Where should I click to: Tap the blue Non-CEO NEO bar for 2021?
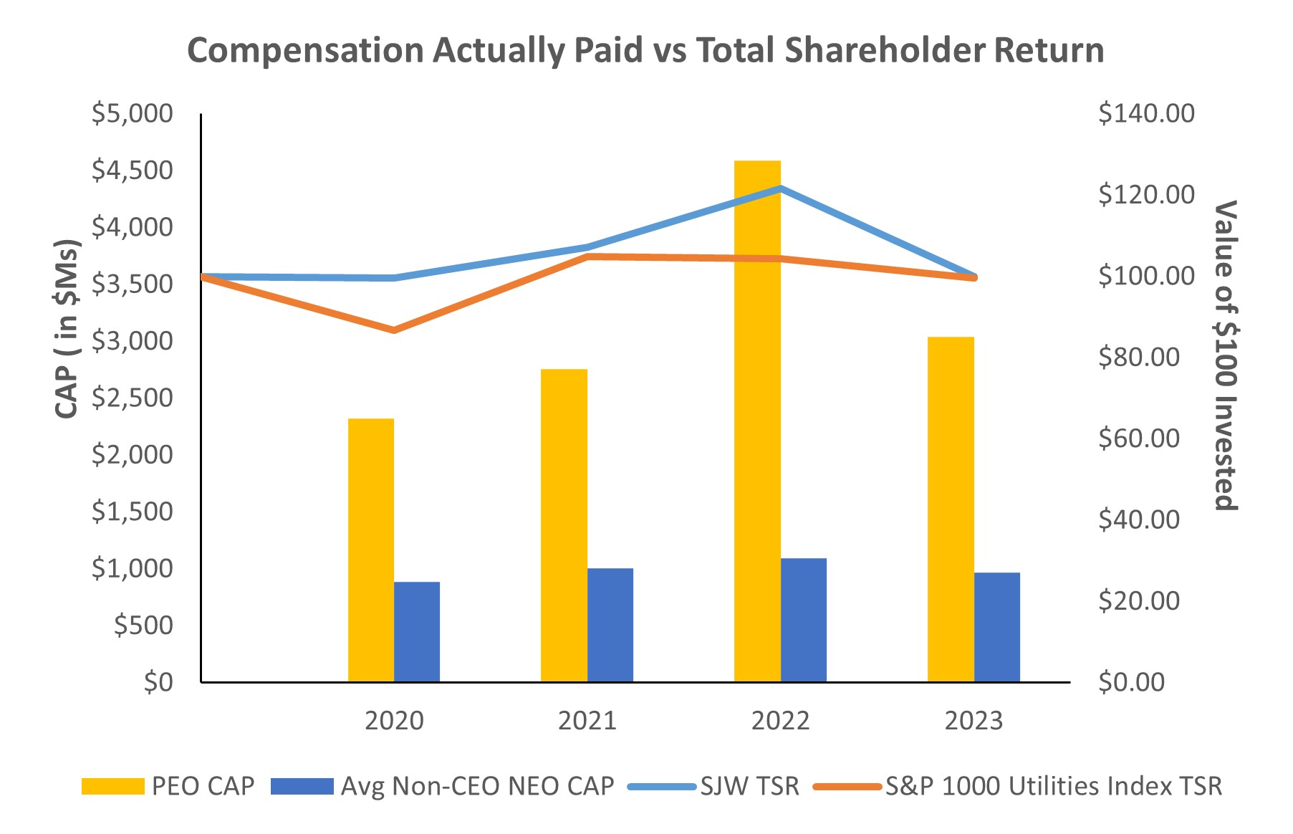pyautogui.click(x=610, y=625)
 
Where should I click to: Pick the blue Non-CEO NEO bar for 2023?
pyautogui.click(x=996, y=627)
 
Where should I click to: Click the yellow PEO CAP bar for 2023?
pyautogui.click(x=951, y=509)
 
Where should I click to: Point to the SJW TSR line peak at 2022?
pyautogui.click(x=780, y=188)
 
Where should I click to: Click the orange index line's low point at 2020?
pyautogui.click(x=394, y=330)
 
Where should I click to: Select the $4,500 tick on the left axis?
pyautogui.click(x=133, y=171)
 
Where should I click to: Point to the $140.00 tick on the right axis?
pyautogui.click(x=1146, y=113)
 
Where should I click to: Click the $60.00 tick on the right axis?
pyautogui.click(x=1139, y=438)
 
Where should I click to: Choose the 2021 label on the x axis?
pyautogui.click(x=587, y=721)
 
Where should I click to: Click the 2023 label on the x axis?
pyautogui.click(x=974, y=721)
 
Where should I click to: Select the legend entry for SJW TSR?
pyautogui.click(x=749, y=787)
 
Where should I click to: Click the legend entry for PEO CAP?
pyautogui.click(x=203, y=787)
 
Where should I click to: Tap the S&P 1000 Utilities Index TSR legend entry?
pyautogui.click(x=1053, y=787)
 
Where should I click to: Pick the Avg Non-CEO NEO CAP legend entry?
pyautogui.click(x=477, y=787)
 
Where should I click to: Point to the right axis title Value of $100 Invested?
pyautogui.click(x=1226, y=355)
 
